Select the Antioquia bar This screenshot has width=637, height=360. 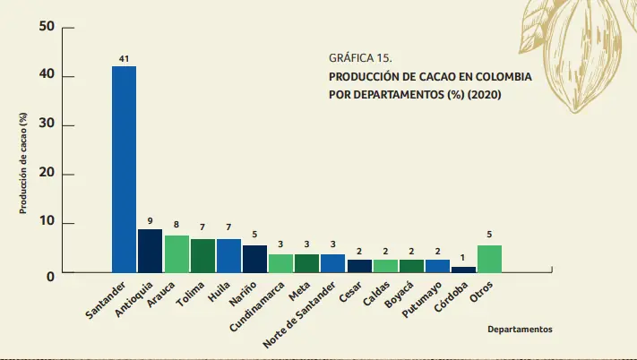click(150, 250)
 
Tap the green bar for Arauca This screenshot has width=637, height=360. click(176, 253)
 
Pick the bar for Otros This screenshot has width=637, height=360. click(489, 258)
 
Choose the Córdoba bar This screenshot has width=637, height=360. click(463, 269)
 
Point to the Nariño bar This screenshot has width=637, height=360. click(254, 258)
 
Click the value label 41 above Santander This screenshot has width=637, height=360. click(124, 59)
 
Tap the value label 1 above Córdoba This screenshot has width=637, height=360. click(463, 258)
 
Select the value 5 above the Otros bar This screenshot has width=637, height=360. click(489, 236)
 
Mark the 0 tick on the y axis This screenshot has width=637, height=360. click(50, 275)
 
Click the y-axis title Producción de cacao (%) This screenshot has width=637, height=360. click(24, 164)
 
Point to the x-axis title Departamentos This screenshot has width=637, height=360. click(520, 329)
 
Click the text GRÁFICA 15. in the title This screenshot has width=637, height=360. click(360, 57)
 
